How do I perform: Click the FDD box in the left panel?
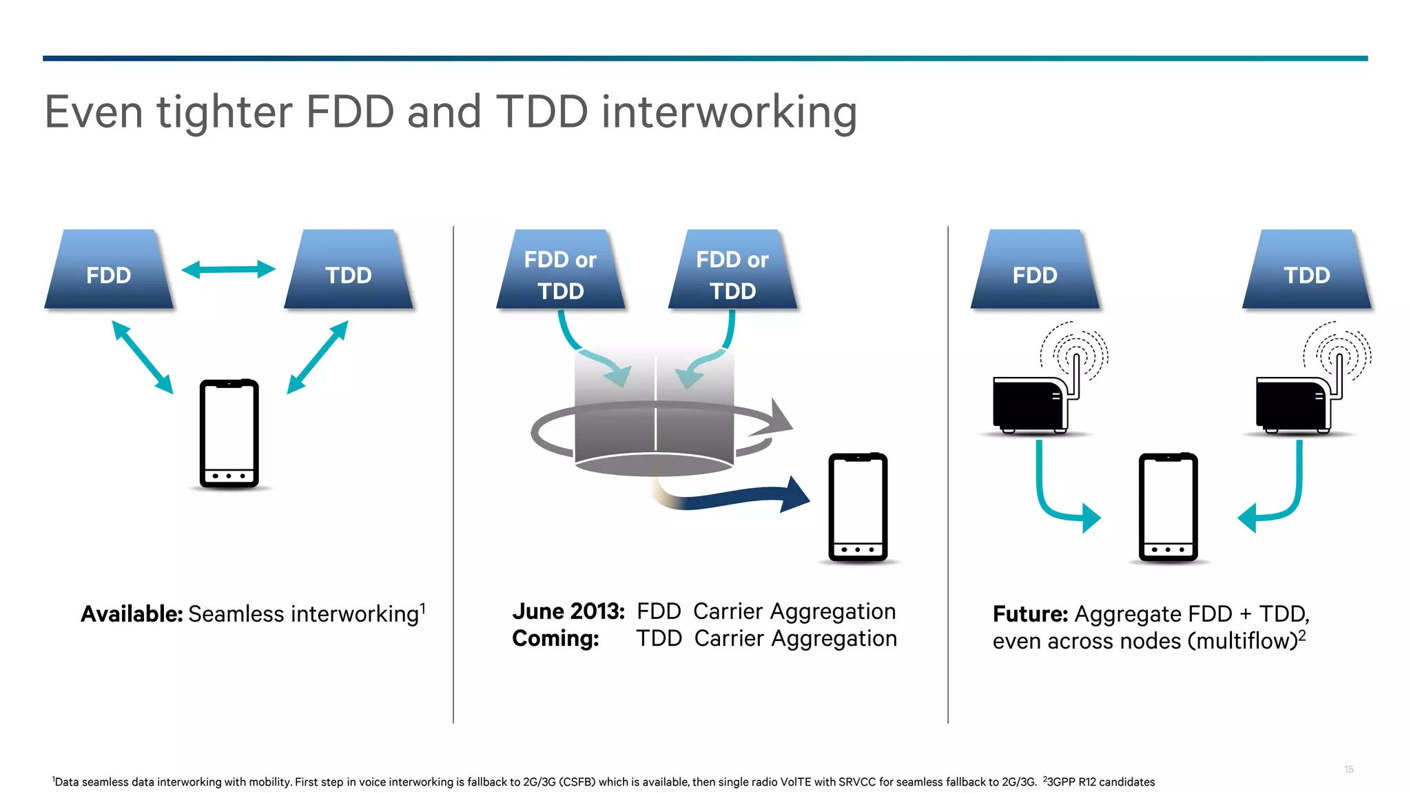pyautogui.click(x=108, y=270)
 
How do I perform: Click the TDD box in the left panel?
pyautogui.click(x=349, y=270)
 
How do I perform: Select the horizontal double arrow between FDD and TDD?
pyautogui.click(x=228, y=269)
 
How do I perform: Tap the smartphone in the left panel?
pyautogui.click(x=229, y=434)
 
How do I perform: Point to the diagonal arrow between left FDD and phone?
pyautogui.click(x=142, y=357)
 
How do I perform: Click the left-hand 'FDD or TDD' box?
pyautogui.click(x=560, y=270)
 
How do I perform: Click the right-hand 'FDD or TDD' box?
pyautogui.click(x=732, y=270)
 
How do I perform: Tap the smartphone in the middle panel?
pyautogui.click(x=858, y=507)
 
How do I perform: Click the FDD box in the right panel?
pyautogui.click(x=1034, y=270)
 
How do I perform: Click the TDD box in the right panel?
pyautogui.click(x=1306, y=270)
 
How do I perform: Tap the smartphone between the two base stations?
pyautogui.click(x=1168, y=507)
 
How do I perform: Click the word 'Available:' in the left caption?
pyautogui.click(x=132, y=614)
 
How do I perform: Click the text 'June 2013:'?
pyautogui.click(x=568, y=611)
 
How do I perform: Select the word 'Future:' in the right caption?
pyautogui.click(x=1030, y=614)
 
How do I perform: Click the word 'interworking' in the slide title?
pyautogui.click(x=729, y=112)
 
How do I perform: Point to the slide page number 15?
pyautogui.click(x=1348, y=769)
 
